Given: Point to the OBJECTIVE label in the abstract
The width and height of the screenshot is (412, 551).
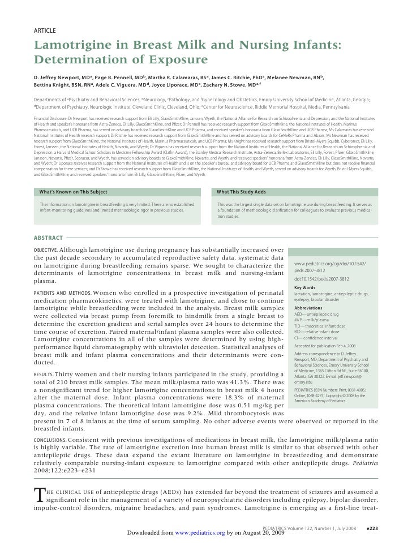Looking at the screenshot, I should [46, 250].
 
